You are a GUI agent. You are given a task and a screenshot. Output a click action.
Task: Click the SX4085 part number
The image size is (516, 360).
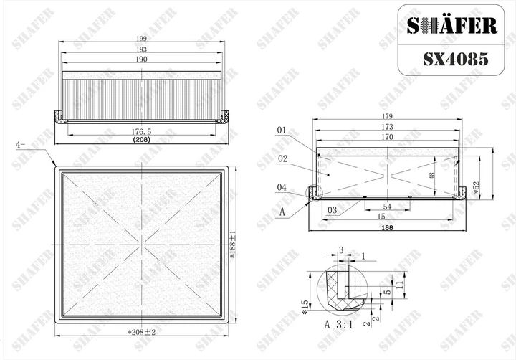point(456,60)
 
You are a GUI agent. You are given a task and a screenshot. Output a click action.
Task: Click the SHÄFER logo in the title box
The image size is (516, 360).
point(451,26)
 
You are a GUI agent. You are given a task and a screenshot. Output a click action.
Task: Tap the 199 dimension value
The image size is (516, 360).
point(141,39)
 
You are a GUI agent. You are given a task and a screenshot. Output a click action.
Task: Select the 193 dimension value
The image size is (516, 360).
point(141,49)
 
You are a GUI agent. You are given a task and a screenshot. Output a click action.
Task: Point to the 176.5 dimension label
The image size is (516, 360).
point(141,131)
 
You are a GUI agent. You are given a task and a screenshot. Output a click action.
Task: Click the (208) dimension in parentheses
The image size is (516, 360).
point(141,139)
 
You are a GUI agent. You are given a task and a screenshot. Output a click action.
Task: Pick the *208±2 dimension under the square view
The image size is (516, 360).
point(141,332)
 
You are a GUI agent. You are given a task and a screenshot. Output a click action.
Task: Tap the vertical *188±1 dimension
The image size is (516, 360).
point(232,245)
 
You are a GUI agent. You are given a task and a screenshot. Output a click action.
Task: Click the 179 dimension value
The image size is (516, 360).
point(387,116)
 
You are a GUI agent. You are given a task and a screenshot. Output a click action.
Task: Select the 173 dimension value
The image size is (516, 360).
point(387,126)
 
